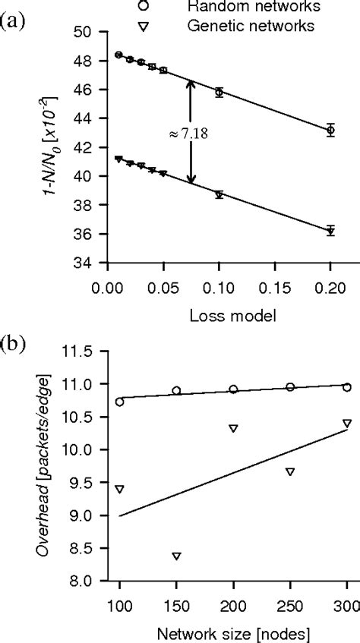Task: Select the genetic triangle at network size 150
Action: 176,556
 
